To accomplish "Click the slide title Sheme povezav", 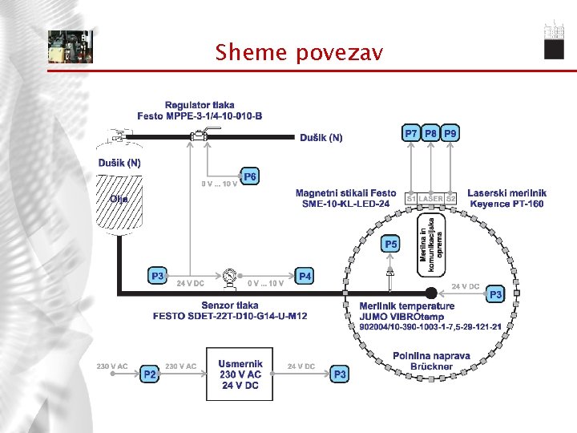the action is [x=299, y=53].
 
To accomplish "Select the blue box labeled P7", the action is [x=410, y=134].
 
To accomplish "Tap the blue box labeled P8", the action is [x=431, y=134].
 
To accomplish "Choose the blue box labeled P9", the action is [x=451, y=134].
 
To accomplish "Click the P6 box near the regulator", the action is [x=251, y=176].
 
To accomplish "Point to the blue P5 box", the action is [x=390, y=244].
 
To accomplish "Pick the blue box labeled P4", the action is [x=305, y=276].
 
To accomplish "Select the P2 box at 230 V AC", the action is [x=149, y=374].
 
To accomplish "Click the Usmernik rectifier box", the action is [x=240, y=374].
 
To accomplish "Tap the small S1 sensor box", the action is [x=411, y=198].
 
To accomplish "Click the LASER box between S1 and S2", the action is [x=431, y=198].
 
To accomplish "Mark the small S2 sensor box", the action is [x=451, y=198].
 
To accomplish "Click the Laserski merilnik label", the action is [x=506, y=198].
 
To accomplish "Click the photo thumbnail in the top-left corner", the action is [x=70, y=47].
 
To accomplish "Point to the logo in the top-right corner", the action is [x=554, y=39].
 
